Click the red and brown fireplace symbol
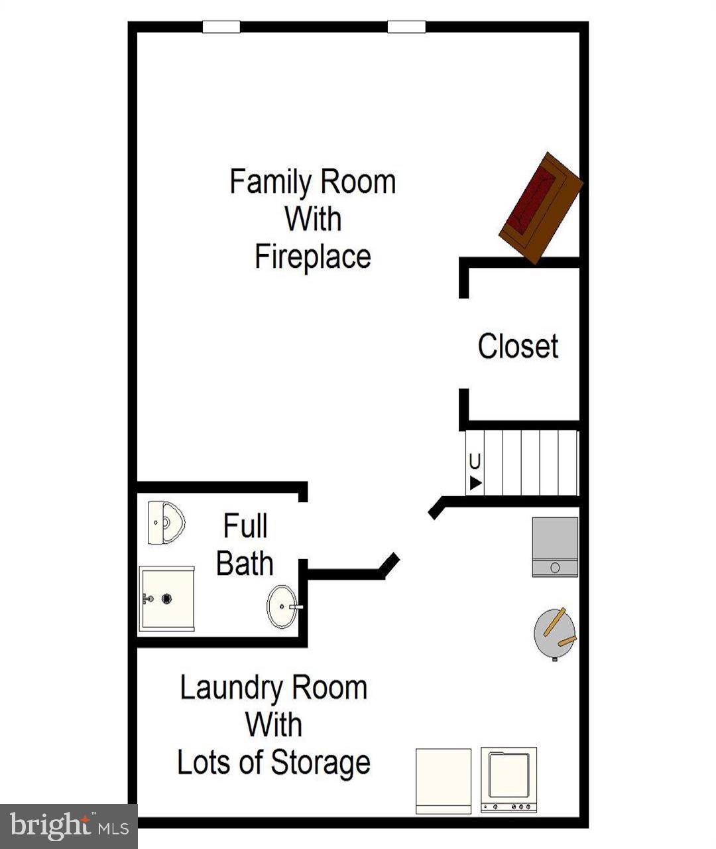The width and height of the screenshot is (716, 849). [540, 208]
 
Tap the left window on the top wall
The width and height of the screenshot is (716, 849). [221, 27]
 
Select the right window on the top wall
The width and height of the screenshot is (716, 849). [406, 27]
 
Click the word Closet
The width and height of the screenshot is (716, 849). [518, 346]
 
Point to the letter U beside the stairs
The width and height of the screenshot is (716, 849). [475, 462]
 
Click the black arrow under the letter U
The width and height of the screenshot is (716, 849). [475, 483]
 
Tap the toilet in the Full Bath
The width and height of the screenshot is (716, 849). [165, 523]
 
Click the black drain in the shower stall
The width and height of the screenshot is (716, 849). [166, 598]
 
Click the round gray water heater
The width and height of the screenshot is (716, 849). [554, 633]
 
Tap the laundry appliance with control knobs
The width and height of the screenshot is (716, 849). [508, 779]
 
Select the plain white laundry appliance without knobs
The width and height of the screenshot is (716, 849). [443, 781]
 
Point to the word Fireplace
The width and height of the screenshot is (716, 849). [313, 257]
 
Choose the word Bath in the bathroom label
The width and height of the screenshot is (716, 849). [245, 564]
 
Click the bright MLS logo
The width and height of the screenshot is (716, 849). [68, 826]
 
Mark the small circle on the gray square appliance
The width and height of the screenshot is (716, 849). [555, 568]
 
